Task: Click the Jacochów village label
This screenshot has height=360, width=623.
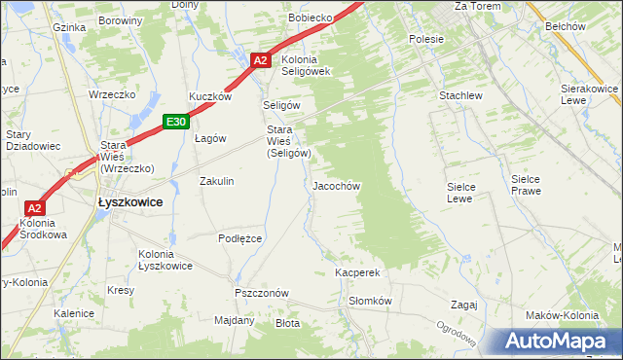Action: click(x=337, y=186)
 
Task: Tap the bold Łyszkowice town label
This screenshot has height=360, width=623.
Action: click(x=129, y=201)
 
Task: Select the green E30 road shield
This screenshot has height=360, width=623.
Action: click(x=175, y=121)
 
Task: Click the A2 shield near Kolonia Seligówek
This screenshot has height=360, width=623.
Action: click(x=260, y=60)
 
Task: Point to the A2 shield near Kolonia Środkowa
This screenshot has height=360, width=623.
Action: click(x=35, y=208)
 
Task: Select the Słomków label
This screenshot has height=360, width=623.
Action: click(x=370, y=301)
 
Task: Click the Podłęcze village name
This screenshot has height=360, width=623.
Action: click(x=240, y=237)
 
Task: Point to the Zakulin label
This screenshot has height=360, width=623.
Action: click(x=216, y=181)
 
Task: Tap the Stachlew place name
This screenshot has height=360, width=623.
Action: click(x=460, y=96)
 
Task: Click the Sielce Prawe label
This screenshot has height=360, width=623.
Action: click(x=531, y=185)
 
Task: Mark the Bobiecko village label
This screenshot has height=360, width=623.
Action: click(x=311, y=18)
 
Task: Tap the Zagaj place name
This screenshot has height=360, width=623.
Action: click(x=463, y=305)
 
